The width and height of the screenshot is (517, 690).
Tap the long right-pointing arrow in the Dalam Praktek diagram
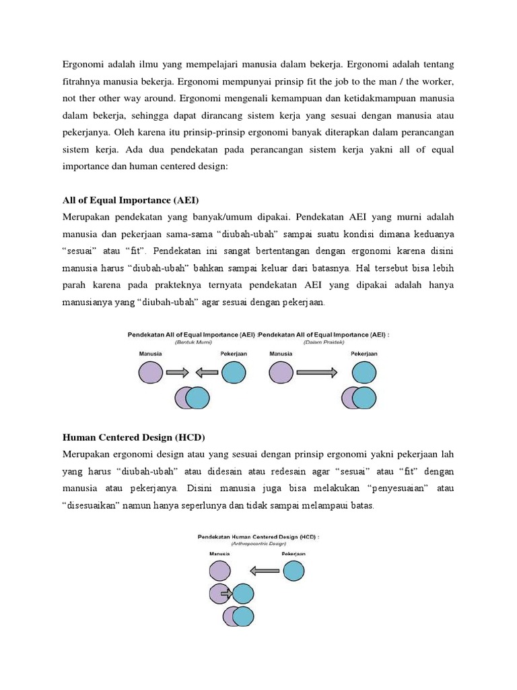click(316, 371)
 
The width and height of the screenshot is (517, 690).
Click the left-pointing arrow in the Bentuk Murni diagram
click(207, 371)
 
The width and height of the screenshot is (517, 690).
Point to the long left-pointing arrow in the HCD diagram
click(265, 571)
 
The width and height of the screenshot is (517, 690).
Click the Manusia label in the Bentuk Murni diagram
click(150, 353)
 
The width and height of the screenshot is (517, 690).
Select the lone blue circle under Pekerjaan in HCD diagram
click(294, 571)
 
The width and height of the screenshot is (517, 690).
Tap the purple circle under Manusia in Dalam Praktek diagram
click(281, 372)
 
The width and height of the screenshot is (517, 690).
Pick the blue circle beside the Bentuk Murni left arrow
click(234, 372)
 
